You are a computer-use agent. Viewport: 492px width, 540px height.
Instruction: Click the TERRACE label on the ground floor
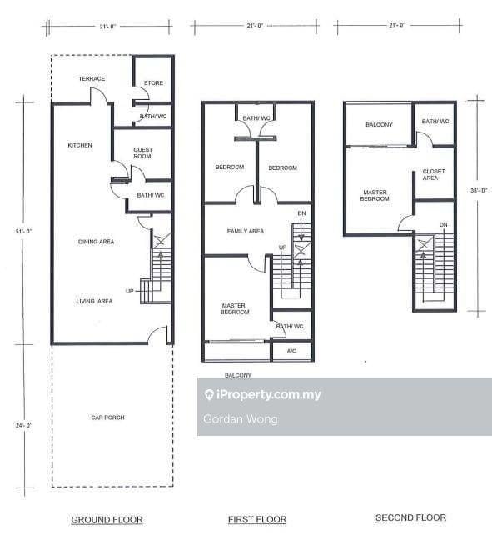pos(92,79)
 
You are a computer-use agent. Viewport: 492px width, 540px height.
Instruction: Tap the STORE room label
pos(153,83)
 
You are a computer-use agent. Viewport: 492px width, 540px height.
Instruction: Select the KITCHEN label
pos(80,145)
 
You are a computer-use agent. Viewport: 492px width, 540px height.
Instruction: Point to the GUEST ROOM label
pos(143,152)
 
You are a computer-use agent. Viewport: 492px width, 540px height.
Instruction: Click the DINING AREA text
pos(96,242)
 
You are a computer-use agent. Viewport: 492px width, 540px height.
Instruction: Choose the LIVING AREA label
pos(94,301)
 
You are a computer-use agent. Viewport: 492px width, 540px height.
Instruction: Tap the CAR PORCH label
pos(107,417)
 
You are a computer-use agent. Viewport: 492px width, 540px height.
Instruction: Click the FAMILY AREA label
pos(246,231)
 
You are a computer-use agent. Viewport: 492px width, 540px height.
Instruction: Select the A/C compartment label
pos(291,351)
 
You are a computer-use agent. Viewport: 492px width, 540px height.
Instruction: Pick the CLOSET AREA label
pos(434,175)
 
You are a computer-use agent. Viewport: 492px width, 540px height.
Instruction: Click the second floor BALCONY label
pos(379,125)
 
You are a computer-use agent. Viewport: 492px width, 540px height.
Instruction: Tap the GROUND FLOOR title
pos(107,520)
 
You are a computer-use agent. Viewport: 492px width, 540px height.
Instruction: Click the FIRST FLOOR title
pos(257,519)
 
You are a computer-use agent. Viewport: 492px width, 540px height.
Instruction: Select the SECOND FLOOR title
pos(410,517)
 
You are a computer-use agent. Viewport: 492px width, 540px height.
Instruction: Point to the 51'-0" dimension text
pos(23,231)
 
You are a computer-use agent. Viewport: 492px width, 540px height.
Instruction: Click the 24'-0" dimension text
pos(24,425)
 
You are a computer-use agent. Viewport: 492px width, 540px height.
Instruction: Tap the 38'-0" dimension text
pos(479,190)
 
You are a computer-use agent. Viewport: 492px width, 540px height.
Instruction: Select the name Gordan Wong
pos(240,419)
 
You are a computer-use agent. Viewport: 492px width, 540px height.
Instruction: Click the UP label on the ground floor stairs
pos(130,291)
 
